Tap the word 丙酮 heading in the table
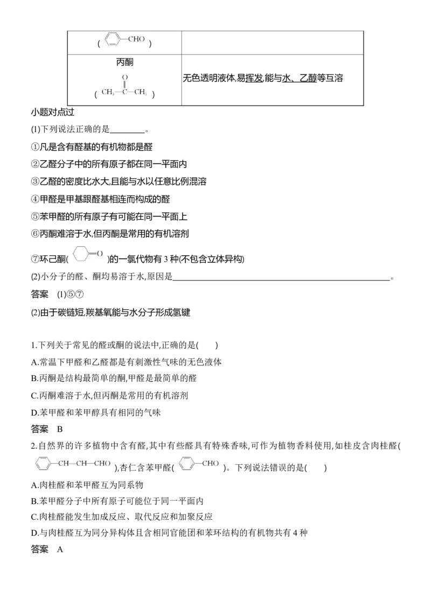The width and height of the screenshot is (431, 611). click(x=124, y=62)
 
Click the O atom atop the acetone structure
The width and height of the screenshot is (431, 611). click(x=125, y=77)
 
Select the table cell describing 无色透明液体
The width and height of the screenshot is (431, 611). click(x=272, y=80)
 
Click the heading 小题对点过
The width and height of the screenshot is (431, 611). click(x=52, y=112)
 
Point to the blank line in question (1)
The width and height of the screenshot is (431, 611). click(x=127, y=132)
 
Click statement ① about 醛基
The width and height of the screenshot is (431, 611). click(x=92, y=147)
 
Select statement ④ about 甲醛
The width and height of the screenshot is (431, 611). click(x=100, y=199)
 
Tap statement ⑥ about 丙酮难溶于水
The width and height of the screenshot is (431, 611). click(x=110, y=233)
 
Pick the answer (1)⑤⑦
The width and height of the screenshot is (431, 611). click(x=71, y=294)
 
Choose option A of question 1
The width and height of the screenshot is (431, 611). click(x=126, y=362)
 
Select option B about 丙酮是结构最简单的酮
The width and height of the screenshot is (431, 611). click(x=114, y=378)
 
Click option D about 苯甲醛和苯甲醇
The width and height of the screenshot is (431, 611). click(x=96, y=413)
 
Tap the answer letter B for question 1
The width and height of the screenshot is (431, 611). click(x=60, y=430)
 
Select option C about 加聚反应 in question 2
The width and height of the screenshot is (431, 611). click(x=122, y=517)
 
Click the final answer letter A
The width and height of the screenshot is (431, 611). click(x=60, y=549)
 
